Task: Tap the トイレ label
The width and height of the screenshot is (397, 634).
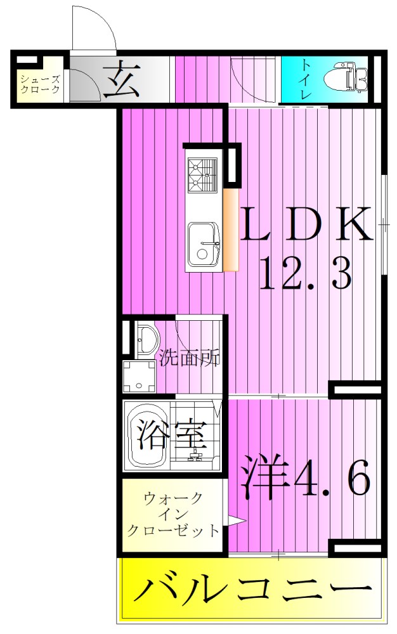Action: point(306,79)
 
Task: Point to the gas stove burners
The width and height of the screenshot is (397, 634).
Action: point(202,174)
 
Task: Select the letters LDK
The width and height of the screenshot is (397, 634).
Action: point(305,224)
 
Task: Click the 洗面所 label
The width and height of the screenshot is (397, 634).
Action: point(189,358)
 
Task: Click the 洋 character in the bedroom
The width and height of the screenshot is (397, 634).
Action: point(263,475)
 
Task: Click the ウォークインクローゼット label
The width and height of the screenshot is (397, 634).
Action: point(173,514)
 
